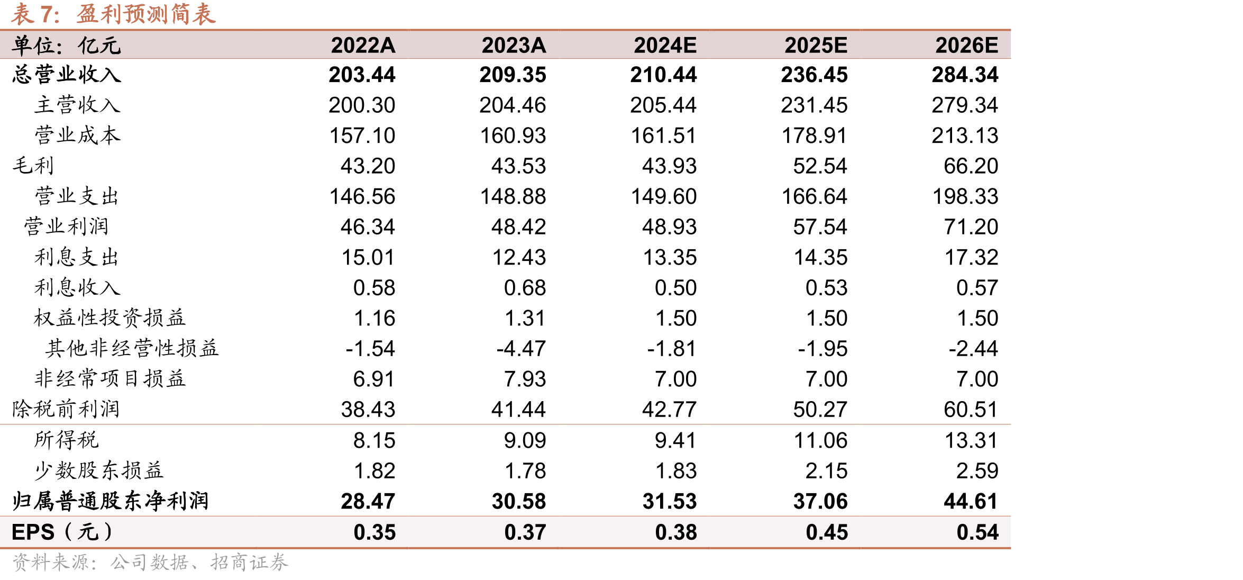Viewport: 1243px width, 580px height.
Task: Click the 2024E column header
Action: point(665,46)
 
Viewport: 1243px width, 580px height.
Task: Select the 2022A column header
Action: point(363,46)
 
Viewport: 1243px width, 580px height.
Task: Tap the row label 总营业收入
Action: point(67,75)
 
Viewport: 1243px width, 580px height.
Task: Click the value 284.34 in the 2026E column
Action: point(965,75)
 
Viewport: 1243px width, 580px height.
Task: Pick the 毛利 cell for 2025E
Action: point(820,166)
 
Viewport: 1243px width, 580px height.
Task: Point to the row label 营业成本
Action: point(78,135)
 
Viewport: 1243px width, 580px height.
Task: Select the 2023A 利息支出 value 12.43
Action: point(519,258)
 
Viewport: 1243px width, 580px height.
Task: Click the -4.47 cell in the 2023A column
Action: point(521,349)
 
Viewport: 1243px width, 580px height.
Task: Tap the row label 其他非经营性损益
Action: point(132,348)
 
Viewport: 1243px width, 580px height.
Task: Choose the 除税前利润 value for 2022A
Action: point(368,410)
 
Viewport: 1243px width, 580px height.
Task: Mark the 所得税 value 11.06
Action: point(820,441)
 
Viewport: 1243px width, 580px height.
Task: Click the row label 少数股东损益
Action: point(99,470)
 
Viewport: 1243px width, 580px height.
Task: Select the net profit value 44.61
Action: point(971,501)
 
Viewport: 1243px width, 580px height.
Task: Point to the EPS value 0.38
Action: point(676,532)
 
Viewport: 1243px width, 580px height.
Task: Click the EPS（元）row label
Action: point(62,532)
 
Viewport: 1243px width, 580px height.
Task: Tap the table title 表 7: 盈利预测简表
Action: point(113,14)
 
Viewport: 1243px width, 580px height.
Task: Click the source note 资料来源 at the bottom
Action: point(150,562)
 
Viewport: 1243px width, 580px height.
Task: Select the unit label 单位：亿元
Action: point(67,46)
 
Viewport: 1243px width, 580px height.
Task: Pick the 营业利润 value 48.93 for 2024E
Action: point(669,227)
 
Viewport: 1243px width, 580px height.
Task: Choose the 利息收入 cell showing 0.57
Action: point(977,288)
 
